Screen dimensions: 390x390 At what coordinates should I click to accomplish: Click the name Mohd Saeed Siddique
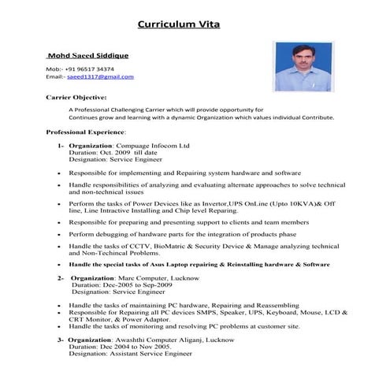coord(87,56)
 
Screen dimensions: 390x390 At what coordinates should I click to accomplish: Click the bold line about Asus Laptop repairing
coord(199,265)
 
